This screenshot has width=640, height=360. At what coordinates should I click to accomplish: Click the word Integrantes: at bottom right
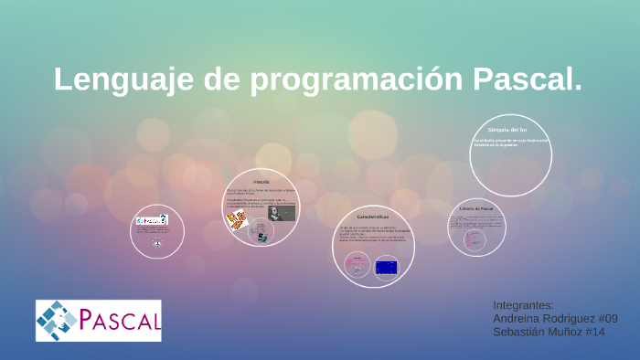(x=524, y=304)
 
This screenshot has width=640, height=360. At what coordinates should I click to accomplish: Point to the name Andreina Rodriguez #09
(x=555, y=318)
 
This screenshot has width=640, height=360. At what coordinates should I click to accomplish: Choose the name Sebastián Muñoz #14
(x=549, y=332)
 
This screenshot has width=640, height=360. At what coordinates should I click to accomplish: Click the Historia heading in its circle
(x=261, y=182)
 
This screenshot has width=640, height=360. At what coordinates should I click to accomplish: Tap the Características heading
(x=373, y=216)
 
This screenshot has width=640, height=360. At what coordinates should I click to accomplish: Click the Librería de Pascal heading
(x=476, y=210)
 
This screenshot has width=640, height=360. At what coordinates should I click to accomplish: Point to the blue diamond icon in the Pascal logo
(x=57, y=321)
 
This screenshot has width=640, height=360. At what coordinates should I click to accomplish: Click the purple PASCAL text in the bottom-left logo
(x=119, y=321)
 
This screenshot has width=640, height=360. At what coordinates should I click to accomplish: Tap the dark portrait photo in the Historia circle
(x=281, y=213)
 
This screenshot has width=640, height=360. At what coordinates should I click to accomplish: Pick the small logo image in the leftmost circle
(x=152, y=219)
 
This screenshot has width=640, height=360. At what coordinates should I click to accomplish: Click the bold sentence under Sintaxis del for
(x=510, y=143)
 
